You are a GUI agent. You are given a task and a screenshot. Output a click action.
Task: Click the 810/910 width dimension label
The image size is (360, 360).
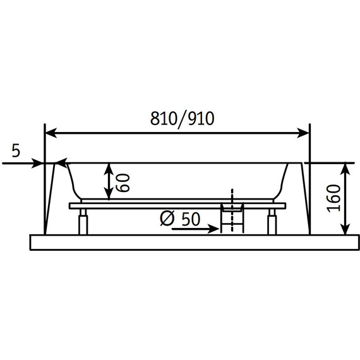coord(182,119)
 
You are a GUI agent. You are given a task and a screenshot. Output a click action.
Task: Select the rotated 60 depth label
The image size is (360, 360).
coord(123,183)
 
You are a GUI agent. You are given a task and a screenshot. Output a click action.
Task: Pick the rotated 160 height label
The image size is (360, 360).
coord(333,198)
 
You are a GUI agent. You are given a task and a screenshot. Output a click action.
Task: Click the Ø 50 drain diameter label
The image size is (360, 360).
coord(180,219)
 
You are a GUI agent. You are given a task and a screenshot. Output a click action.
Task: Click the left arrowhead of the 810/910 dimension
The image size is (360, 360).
coord(51,133)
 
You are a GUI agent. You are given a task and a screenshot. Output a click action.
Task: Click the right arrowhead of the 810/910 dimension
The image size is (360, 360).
coord(303,133)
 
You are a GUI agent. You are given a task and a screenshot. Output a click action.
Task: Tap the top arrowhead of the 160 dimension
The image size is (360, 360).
coord(345,168)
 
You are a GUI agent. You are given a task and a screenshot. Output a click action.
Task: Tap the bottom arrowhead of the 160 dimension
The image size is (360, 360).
coord(345,229)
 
